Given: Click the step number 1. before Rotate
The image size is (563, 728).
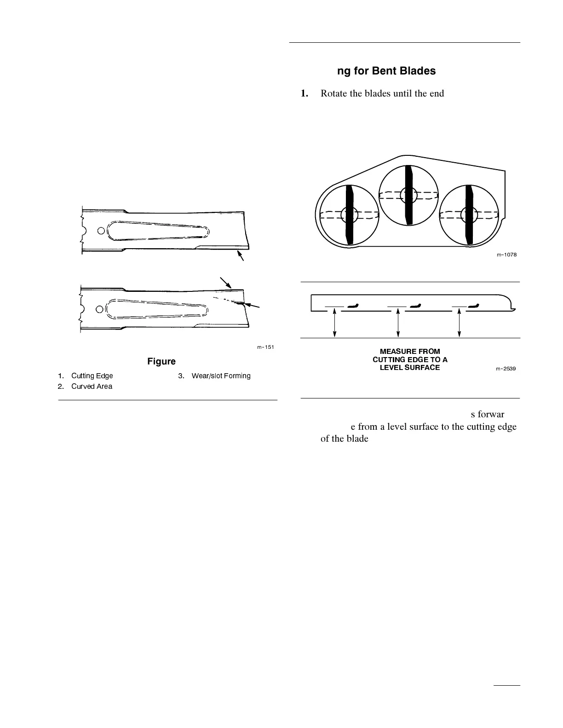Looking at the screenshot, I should coord(304,93).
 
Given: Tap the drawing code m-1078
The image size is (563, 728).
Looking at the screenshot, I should coord(506,255).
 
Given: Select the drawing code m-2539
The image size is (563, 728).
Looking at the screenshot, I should coord(506,369).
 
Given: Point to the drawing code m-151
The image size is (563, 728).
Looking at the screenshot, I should coord(265,347).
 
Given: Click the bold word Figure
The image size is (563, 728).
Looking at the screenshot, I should coord(161,362).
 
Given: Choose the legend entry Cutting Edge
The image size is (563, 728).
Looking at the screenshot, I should coord(92,376).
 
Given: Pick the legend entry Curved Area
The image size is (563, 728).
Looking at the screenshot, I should coord(92,387).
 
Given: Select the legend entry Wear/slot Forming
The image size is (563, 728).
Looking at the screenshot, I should coord(221,376).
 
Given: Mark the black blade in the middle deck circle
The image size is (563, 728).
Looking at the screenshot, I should coord(408,195).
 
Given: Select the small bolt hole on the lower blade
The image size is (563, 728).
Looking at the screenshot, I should coord(100,308).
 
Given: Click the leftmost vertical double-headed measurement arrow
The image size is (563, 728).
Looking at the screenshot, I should coord(335,324).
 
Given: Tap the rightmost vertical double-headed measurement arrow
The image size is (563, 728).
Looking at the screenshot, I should coord(459,324).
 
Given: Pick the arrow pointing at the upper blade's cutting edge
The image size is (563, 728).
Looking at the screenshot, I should coord(240,256).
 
